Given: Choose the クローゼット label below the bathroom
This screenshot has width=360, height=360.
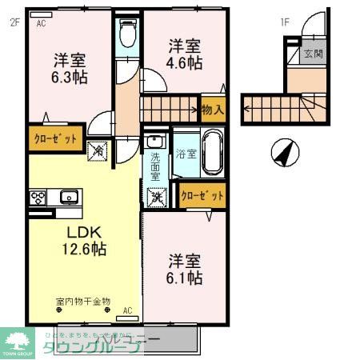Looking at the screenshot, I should pos(202,194).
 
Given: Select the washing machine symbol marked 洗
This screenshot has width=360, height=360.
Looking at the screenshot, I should pos(155,194).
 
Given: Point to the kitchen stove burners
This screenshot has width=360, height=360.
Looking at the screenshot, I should pos(38,197).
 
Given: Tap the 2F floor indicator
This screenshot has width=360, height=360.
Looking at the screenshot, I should pos(14,22).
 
